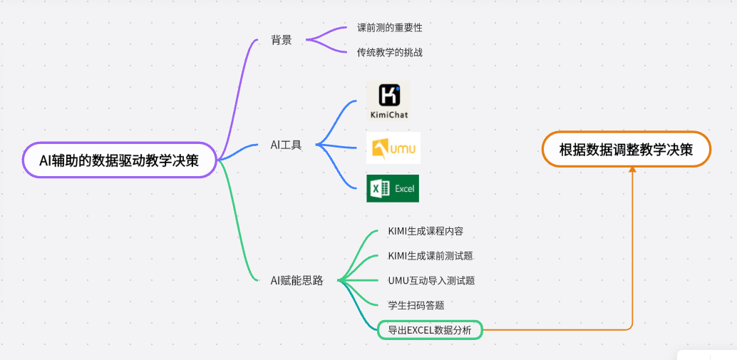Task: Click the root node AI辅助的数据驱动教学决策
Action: pyautogui.click(x=119, y=160)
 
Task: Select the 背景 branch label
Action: pyautogui.click(x=281, y=40)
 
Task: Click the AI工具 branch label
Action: pyautogui.click(x=286, y=145)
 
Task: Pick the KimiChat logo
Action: pyautogui.click(x=388, y=101)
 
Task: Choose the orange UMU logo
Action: pyautogui.click(x=393, y=148)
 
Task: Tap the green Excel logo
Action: pyautogui.click(x=393, y=188)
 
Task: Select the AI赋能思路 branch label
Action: pyautogui.click(x=297, y=281)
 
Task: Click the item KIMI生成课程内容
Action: pyautogui.click(x=421, y=231)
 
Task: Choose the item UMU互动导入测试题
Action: pyautogui.click(x=431, y=280)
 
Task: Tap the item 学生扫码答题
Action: pyautogui.click(x=411, y=305)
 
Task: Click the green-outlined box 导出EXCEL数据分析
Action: pyautogui.click(x=429, y=329)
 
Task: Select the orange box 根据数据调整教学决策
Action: pyautogui.click(x=626, y=150)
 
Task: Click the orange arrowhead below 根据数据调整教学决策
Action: pyautogui.click(x=632, y=170)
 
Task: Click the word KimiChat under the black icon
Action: pyautogui.click(x=389, y=113)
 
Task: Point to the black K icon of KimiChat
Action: pyautogui.click(x=388, y=95)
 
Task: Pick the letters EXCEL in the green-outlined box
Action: pyautogui.click(x=425, y=330)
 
